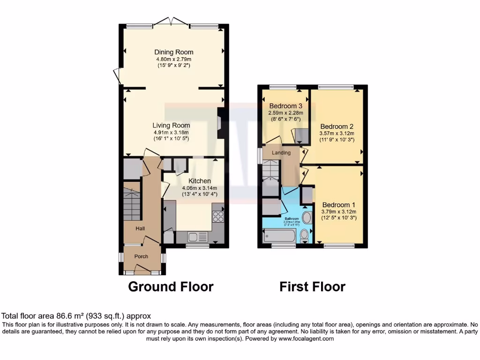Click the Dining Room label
(x=174, y=52)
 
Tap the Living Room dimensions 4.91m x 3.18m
(x=171, y=133)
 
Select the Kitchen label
(x=200, y=181)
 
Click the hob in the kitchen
(x=218, y=216)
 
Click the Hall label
(x=140, y=228)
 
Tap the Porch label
(x=141, y=256)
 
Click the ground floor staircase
(x=132, y=202)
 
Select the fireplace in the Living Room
(x=220, y=123)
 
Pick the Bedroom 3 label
(x=285, y=106)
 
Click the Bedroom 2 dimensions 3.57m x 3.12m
(x=337, y=133)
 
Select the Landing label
(x=281, y=152)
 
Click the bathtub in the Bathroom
(x=279, y=235)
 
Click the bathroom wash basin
(x=307, y=217)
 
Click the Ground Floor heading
(x=171, y=286)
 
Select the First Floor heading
(x=313, y=286)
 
